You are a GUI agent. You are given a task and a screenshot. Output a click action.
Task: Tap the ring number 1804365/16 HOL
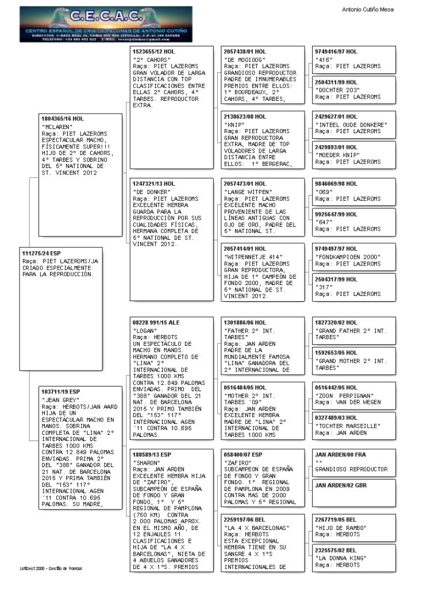tap(63, 118)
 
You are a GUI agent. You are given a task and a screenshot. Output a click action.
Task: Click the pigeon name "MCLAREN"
tap(56, 126)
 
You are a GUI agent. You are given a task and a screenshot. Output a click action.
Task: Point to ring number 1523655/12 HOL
tap(153, 52)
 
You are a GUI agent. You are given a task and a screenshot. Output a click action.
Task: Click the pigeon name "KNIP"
tap(233, 124)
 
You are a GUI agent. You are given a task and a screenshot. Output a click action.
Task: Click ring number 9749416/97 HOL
tap(336, 52)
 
